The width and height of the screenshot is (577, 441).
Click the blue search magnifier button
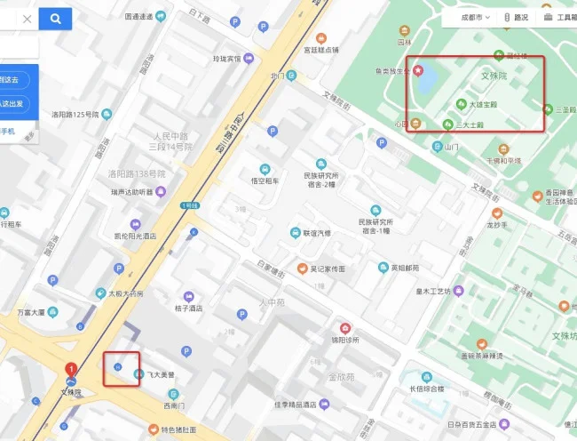point(56,19)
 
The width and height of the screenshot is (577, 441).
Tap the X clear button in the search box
point(27,19)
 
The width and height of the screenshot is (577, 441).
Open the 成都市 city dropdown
point(469,17)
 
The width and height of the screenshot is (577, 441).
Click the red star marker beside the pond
point(420,70)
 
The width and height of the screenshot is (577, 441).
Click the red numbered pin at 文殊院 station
point(71,370)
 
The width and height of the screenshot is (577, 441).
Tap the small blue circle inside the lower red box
point(117,367)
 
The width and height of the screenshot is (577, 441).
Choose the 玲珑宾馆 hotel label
point(226,59)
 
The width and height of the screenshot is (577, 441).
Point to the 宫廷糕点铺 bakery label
point(321,50)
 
